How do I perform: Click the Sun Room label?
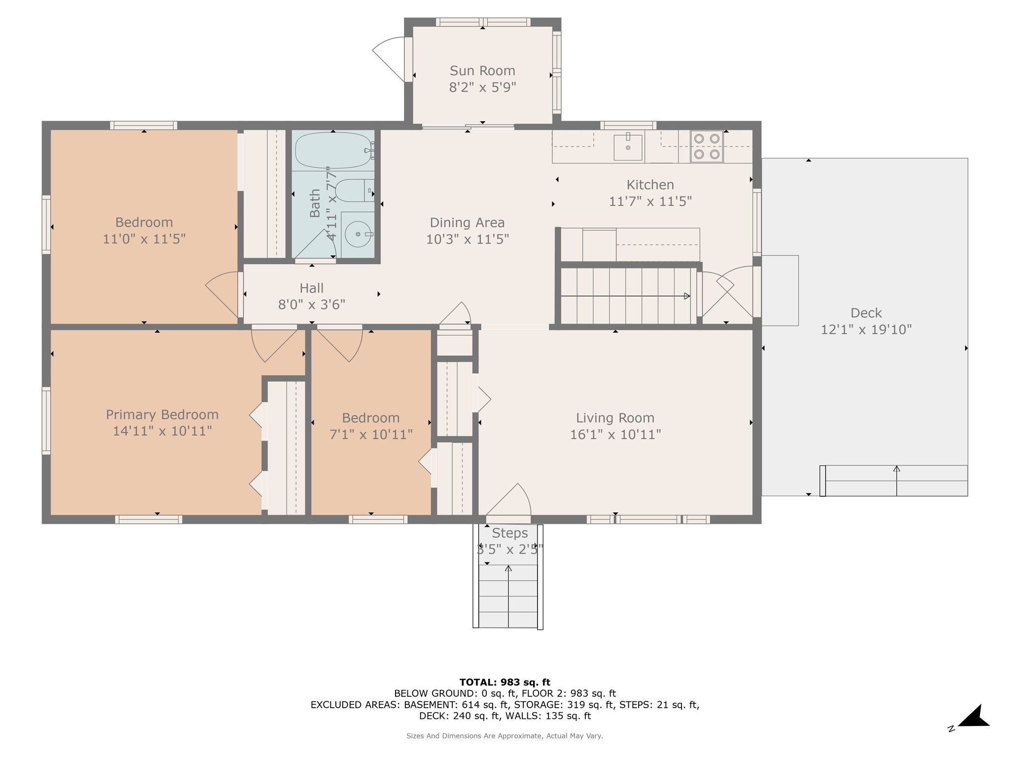(x=482, y=71)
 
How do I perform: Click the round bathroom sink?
(x=358, y=235)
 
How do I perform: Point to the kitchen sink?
(x=628, y=146)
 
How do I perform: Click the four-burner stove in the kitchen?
(x=707, y=146)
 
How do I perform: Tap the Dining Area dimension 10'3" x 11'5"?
(x=468, y=239)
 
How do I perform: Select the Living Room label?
(x=615, y=418)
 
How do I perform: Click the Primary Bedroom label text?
(x=162, y=415)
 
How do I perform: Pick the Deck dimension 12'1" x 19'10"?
(x=866, y=329)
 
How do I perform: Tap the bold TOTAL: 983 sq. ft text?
(x=505, y=682)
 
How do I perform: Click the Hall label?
(x=312, y=288)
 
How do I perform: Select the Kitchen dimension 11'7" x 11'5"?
(x=650, y=202)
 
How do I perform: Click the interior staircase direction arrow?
(x=625, y=296)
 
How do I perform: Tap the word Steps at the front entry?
(x=510, y=533)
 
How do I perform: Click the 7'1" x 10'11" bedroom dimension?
(x=371, y=435)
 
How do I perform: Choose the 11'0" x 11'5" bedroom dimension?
(x=144, y=239)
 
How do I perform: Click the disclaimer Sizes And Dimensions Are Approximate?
(x=505, y=736)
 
